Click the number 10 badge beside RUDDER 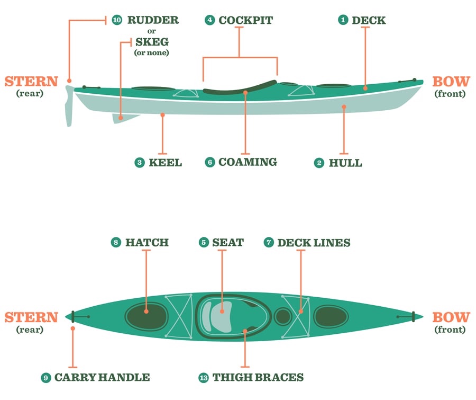click(x=117, y=21)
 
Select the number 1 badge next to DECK click(x=343, y=21)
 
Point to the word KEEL click(x=165, y=163)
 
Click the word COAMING click(x=248, y=162)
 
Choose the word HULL click(x=345, y=163)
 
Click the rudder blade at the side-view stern click(x=69, y=109)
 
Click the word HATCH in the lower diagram click(x=147, y=243)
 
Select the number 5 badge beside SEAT click(x=204, y=243)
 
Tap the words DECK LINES click(x=314, y=243)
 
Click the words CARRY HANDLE click(x=102, y=378)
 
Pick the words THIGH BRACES click(x=258, y=378)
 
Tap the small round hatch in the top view click(x=283, y=316)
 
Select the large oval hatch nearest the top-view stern click(x=147, y=316)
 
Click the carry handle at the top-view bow click(x=413, y=317)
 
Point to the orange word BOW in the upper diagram click(x=451, y=82)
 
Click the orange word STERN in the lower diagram click(x=31, y=318)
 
